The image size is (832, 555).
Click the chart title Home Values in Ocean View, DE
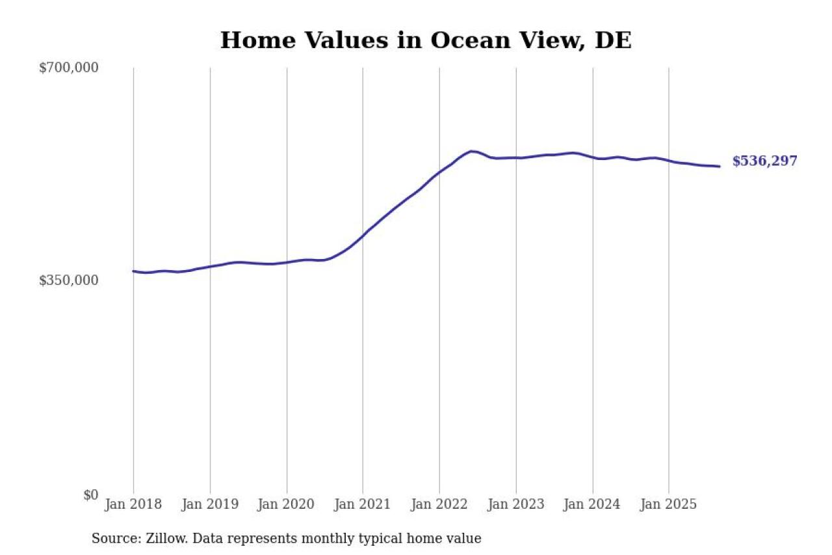426,40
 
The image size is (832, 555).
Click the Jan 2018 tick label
133,504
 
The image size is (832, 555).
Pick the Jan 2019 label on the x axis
210,504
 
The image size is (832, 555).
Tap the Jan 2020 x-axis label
287,504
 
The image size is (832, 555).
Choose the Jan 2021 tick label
363,504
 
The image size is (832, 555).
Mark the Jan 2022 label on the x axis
439,504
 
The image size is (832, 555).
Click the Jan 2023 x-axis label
516,504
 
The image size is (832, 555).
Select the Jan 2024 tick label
592,504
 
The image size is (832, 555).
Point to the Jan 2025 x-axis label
669,504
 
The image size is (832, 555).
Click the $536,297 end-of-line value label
764,161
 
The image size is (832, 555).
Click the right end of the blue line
719,167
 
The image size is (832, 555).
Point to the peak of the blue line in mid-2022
472,151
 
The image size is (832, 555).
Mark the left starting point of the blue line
133,271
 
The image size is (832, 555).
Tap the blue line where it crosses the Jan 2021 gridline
363,236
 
